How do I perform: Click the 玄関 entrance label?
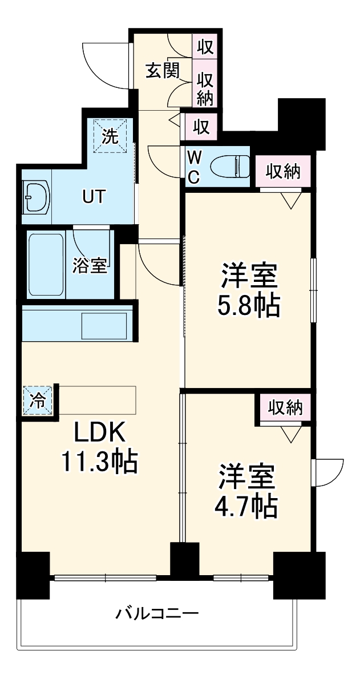coord(162,70)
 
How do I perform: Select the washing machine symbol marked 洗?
coord(111,136)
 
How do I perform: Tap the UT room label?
coord(94,197)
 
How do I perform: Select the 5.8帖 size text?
coord(249,306)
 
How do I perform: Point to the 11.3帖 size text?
coord(100,462)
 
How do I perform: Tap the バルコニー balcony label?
coord(157,614)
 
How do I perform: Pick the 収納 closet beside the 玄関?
coord(205,88)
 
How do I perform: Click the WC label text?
coord(194,167)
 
